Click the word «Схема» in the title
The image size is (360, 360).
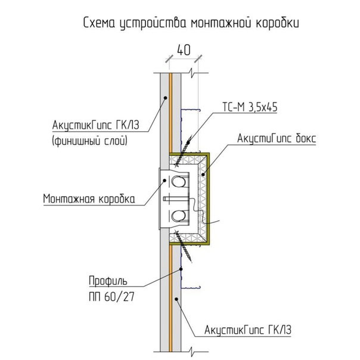[x=99, y=23]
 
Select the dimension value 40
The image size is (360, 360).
[x=184, y=50]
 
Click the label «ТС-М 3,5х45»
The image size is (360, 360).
[x=250, y=107]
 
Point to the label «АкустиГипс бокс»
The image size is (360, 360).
[x=277, y=138]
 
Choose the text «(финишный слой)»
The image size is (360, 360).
[x=90, y=140]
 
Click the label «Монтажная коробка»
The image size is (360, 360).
[x=89, y=198]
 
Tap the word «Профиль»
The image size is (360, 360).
[x=108, y=281]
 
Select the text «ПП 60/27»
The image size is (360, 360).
[x=111, y=297]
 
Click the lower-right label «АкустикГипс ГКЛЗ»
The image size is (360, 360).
[x=248, y=330]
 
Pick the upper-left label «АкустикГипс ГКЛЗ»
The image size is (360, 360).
[x=96, y=125]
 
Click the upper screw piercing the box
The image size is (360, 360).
[x=183, y=151]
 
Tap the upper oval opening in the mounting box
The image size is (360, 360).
[x=179, y=182]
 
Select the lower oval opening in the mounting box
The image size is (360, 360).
[x=179, y=216]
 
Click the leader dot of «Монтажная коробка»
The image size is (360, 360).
[x=165, y=181]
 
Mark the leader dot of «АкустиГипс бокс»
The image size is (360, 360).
[x=203, y=175]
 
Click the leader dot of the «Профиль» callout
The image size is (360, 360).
[x=181, y=269]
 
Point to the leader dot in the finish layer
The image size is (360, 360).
[x=165, y=98]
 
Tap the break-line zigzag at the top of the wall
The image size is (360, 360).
[x=192, y=73]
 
